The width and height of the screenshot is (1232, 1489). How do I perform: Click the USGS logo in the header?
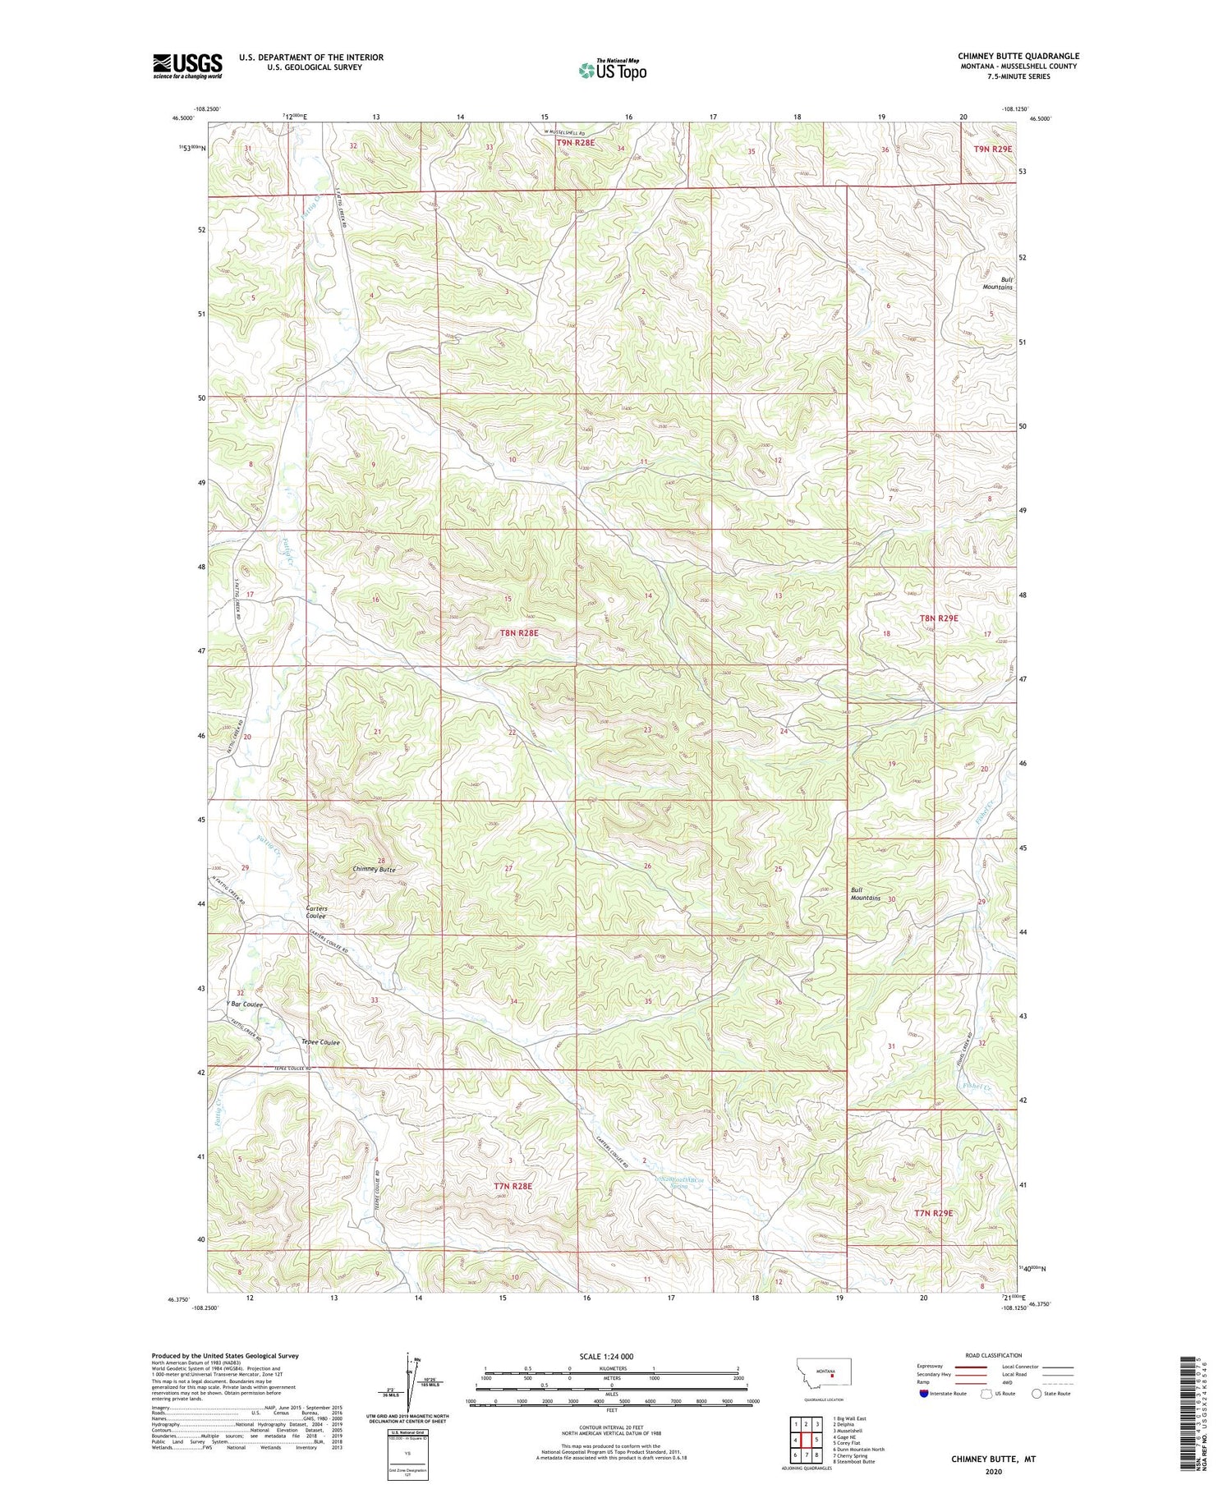[187, 66]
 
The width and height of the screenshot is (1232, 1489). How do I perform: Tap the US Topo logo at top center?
[612, 71]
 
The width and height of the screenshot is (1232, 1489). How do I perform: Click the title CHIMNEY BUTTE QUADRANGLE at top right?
[1018, 57]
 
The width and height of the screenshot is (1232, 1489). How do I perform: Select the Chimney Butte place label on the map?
[374, 869]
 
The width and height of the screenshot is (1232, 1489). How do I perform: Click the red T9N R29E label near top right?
[993, 149]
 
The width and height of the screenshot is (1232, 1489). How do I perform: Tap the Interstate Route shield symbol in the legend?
[924, 1394]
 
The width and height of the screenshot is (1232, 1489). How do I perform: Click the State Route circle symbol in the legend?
[1037, 1394]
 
